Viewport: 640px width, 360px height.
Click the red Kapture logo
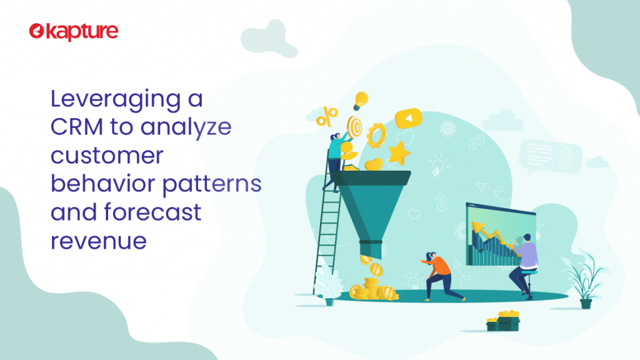[74, 32]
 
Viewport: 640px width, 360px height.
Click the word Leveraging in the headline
[116, 99]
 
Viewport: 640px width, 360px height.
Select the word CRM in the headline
[77, 126]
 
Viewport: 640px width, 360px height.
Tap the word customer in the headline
[107, 156]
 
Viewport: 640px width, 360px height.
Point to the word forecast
[152, 212]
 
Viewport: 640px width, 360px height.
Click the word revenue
[98, 241]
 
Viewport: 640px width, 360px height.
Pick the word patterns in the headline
[212, 184]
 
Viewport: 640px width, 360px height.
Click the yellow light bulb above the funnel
[361, 101]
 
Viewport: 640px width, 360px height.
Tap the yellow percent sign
[327, 116]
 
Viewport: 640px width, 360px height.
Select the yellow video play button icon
[408, 118]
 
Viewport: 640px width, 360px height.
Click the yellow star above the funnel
[399, 154]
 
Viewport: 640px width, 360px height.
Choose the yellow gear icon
[376, 135]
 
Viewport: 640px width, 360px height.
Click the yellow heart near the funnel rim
[374, 164]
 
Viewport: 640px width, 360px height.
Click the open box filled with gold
[503, 321]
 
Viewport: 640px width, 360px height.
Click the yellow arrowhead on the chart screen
[477, 227]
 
